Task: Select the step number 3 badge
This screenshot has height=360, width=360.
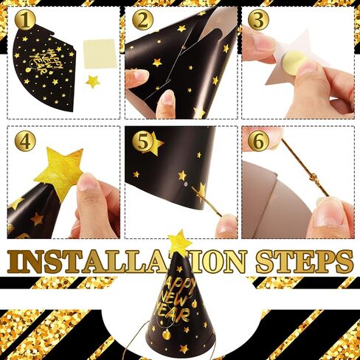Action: pos(257,21)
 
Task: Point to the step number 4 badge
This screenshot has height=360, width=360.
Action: pos(25,141)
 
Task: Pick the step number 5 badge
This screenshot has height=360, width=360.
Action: pos(142,141)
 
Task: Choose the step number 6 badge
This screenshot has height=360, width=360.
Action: pos(257,139)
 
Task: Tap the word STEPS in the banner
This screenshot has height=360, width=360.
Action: pos(303,260)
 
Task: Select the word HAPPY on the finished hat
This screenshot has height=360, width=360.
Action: pos(174,285)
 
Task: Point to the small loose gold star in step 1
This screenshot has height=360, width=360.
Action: pos(93,81)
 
